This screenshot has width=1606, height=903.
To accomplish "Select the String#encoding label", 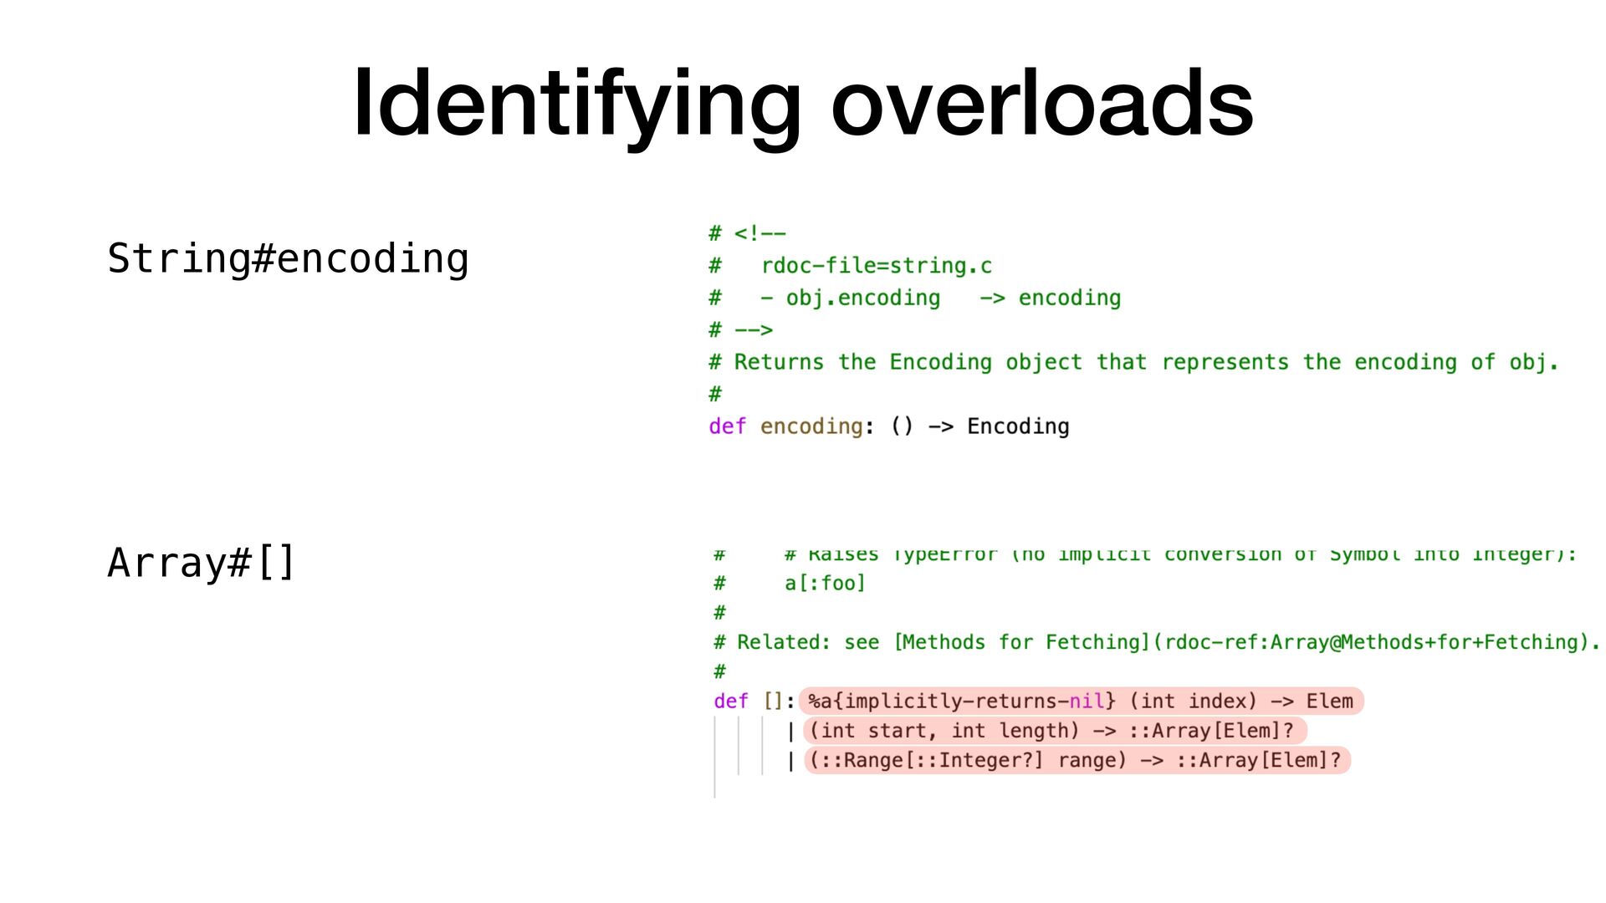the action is coord(288,258).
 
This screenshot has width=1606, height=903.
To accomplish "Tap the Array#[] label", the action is coord(201,562).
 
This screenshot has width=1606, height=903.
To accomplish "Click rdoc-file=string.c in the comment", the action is coord(876,266).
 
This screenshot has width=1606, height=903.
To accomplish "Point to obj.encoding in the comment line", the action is coord(862,298).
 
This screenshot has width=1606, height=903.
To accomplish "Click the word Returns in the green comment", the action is coord(779,362).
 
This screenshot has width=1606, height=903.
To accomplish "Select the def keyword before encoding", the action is coord(727,426).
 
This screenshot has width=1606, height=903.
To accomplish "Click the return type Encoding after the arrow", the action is coord(1018,426).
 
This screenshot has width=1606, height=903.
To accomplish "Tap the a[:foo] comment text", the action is coord(825,583).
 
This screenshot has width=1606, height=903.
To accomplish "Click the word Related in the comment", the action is coord(783,642).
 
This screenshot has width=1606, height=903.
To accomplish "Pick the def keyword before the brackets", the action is coord(731,701).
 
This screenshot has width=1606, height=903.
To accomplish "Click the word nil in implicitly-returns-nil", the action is coord(1087,701).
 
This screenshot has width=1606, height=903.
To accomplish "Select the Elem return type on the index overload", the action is coord(1329,701).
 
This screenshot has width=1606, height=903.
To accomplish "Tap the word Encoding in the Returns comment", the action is coord(940,362).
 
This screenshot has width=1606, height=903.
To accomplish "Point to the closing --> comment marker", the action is coord(753,330).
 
